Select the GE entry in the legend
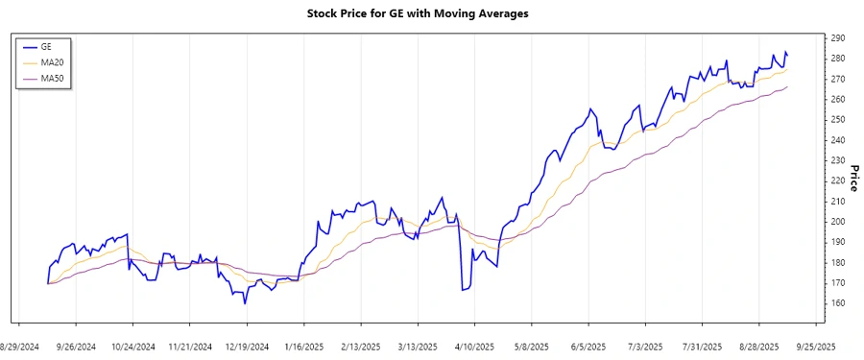pos(45,46)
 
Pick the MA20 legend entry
pos(52,62)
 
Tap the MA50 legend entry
pos(52,78)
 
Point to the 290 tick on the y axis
pos(838,37)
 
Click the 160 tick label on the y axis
pos(838,303)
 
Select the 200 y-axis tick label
pos(838,222)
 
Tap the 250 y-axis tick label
pos(838,120)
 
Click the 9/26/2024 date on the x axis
pos(77,346)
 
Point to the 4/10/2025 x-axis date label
pos(473,346)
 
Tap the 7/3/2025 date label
pos(645,346)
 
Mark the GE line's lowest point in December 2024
pos(245,303)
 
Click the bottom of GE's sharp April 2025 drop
pos(462,290)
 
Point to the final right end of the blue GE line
pos(788,55)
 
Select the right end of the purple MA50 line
pos(788,87)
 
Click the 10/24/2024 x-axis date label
pos(132,346)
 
